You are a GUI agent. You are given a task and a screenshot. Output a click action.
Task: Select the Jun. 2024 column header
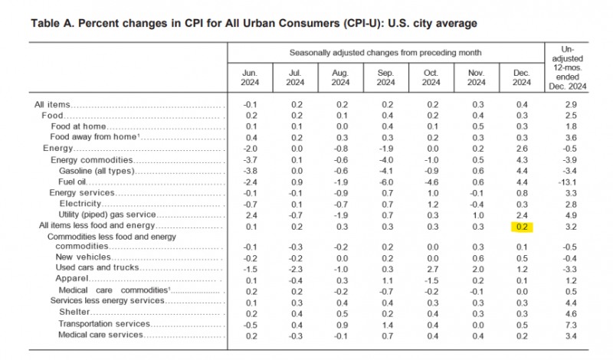click(x=251, y=78)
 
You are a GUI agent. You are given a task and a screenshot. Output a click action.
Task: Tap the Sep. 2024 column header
click(x=385, y=78)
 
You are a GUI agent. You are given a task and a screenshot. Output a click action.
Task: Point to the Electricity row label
click(x=83, y=205)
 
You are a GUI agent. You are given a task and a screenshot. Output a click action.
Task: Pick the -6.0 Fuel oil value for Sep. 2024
click(x=386, y=182)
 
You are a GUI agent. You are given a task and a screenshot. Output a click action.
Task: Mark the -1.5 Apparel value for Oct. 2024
click(x=431, y=279)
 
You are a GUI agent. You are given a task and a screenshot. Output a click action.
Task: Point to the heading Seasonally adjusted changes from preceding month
click(x=385, y=52)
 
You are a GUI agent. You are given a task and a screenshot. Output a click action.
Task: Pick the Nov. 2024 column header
click(x=477, y=78)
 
